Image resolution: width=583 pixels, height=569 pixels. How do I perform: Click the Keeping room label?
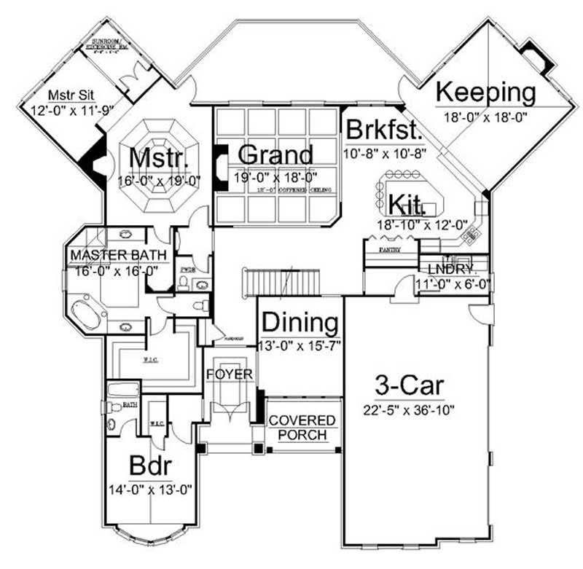point(485,93)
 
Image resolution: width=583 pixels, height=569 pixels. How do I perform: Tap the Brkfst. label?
point(384,131)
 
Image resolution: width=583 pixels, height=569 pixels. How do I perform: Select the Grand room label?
point(275,154)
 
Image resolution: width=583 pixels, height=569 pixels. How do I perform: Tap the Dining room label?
point(300,322)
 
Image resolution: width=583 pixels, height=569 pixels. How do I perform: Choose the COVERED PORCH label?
point(302,428)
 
